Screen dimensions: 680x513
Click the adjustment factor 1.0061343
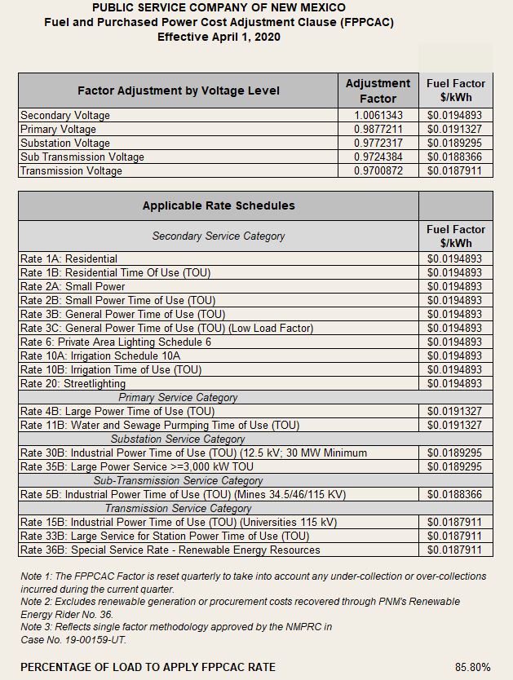pyautogui.click(x=378, y=116)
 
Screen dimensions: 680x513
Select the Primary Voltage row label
pyautogui.click(x=58, y=130)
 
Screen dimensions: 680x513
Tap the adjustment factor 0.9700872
pyautogui.click(x=378, y=171)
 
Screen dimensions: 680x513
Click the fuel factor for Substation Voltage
pyautogui.click(x=455, y=144)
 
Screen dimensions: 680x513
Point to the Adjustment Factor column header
pyautogui.click(x=378, y=91)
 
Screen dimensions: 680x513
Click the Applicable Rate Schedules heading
pyautogui.click(x=219, y=205)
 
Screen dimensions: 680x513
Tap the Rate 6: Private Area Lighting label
pyautogui.click(x=115, y=342)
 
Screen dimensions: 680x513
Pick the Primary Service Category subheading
pyautogui.click(x=178, y=398)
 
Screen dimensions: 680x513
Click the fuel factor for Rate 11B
pyautogui.click(x=455, y=426)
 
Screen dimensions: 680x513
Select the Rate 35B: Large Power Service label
pyautogui.click(x=137, y=467)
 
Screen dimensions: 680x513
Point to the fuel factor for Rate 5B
pyautogui.click(x=455, y=495)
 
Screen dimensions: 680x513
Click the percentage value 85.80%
pyautogui.click(x=473, y=667)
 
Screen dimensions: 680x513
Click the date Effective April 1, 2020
pyautogui.click(x=219, y=37)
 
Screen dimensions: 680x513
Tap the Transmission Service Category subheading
pyautogui.click(x=178, y=509)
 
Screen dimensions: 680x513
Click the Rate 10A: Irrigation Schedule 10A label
pyautogui.click(x=100, y=356)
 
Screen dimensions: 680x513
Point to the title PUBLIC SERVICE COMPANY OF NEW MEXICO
pyautogui.click(x=219, y=7)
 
